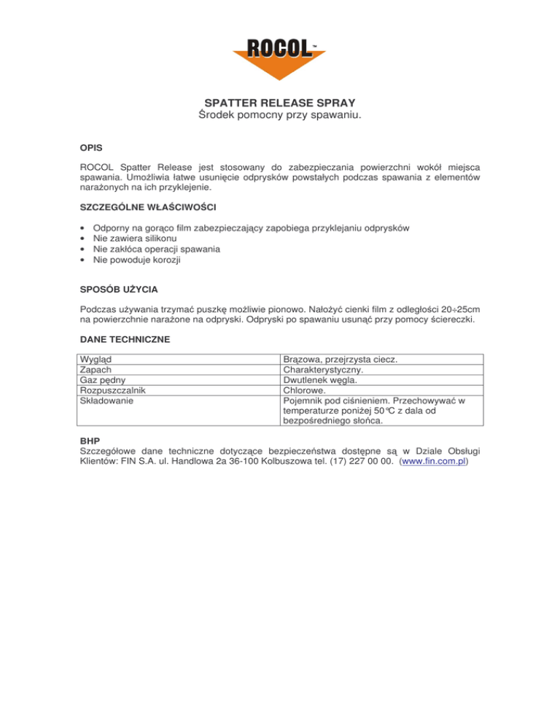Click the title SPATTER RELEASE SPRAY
pyautogui.click(x=280, y=103)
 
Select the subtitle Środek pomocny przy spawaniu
pyautogui.click(x=280, y=116)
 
